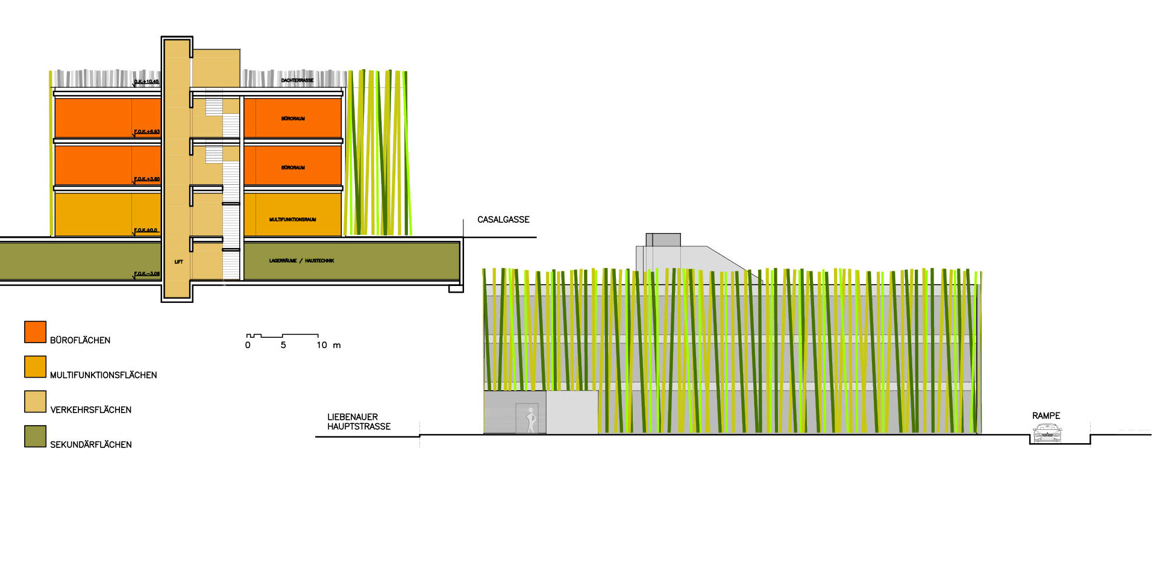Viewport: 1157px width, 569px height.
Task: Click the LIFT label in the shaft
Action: coord(178,262)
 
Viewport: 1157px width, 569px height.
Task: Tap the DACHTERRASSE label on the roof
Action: coord(297,80)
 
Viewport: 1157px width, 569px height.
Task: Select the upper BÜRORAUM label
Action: coord(293,119)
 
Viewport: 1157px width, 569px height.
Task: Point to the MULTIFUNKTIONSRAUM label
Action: coord(292,220)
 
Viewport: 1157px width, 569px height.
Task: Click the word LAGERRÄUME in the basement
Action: coord(283,261)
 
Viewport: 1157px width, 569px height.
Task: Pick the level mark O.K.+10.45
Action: coord(146,82)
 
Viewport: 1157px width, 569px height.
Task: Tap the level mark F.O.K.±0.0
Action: coord(146,231)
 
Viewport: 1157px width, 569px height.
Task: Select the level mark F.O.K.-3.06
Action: coord(147,274)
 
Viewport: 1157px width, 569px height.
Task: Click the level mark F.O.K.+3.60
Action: coord(147,179)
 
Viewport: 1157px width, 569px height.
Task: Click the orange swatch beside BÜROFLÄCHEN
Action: coord(35,332)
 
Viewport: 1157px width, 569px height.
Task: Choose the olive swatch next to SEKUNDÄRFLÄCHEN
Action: coord(35,437)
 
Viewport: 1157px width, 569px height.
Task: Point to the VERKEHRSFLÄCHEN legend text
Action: coord(90,410)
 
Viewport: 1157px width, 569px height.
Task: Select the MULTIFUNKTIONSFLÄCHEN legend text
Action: coord(103,375)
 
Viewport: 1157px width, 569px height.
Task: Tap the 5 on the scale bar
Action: coord(283,345)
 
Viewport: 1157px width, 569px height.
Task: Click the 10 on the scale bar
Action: coord(322,345)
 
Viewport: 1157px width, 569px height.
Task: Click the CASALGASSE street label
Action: coord(503,220)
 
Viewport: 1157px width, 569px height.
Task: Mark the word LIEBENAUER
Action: coord(353,417)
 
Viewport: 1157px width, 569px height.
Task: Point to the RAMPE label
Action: coord(1046,416)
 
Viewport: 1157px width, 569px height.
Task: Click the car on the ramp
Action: coord(1047,434)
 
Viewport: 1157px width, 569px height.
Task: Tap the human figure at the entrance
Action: coord(530,420)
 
